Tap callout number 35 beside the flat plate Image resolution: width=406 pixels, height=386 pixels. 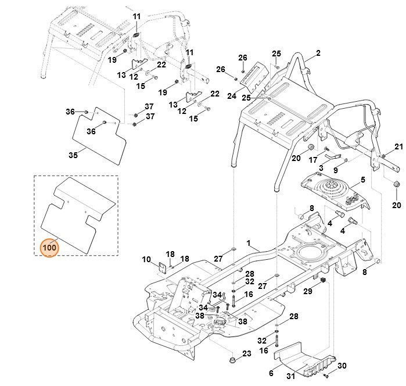pyautogui.click(x=73, y=155)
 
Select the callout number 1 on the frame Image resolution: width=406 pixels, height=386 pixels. pyautogui.click(x=248, y=242)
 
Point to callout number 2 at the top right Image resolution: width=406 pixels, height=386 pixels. pyautogui.click(x=318, y=54)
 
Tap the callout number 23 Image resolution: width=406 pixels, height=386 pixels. pyautogui.click(x=246, y=353)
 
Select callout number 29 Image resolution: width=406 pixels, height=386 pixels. pyautogui.click(x=308, y=290)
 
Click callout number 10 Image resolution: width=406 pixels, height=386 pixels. pyautogui.click(x=146, y=259)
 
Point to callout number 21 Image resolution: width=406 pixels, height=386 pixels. pyautogui.click(x=398, y=146)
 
